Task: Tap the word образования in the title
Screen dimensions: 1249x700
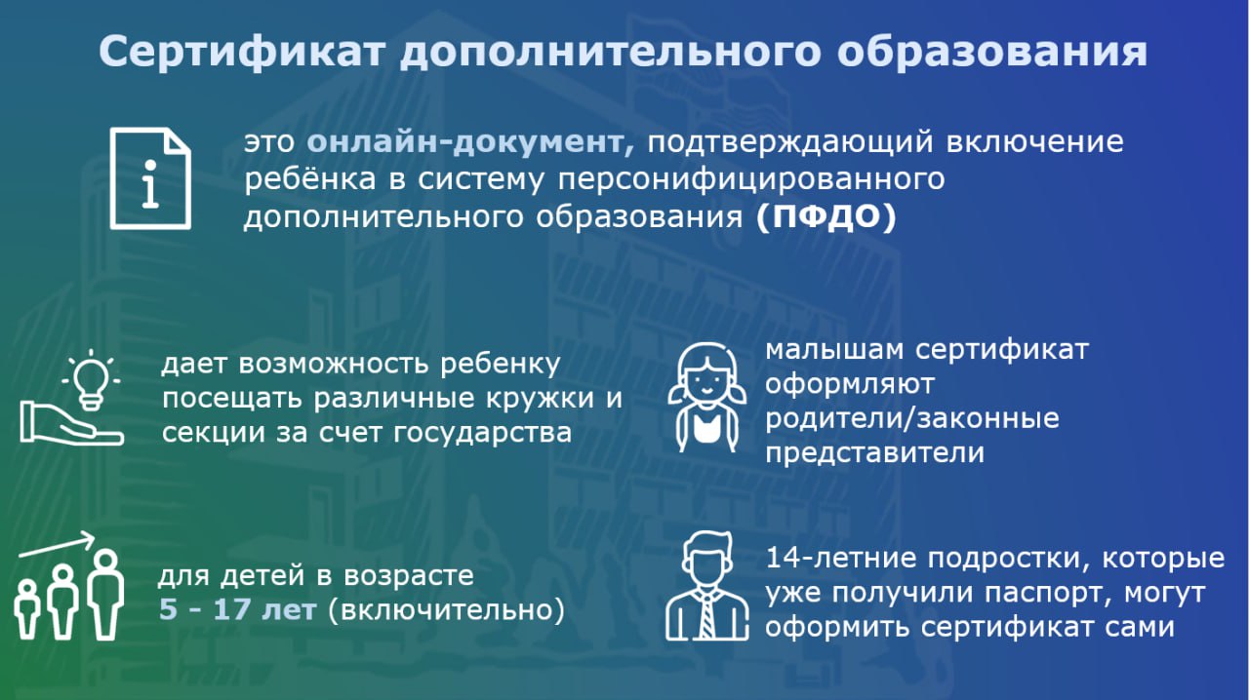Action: tap(992, 51)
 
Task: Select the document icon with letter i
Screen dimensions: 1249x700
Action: tap(150, 178)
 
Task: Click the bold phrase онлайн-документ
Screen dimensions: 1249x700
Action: tap(470, 142)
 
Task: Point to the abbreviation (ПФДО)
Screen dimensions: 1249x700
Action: tap(826, 216)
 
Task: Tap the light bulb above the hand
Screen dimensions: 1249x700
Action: tap(91, 380)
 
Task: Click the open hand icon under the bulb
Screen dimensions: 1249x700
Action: tap(71, 423)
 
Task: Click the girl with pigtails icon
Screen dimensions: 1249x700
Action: tap(707, 397)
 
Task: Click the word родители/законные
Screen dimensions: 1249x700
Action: tap(912, 419)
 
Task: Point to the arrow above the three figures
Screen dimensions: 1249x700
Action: tap(57, 544)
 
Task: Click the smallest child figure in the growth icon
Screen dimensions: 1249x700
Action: tap(26, 609)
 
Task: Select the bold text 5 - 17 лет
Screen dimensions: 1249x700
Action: tap(237, 609)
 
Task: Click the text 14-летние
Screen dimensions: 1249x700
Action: tap(842, 559)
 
